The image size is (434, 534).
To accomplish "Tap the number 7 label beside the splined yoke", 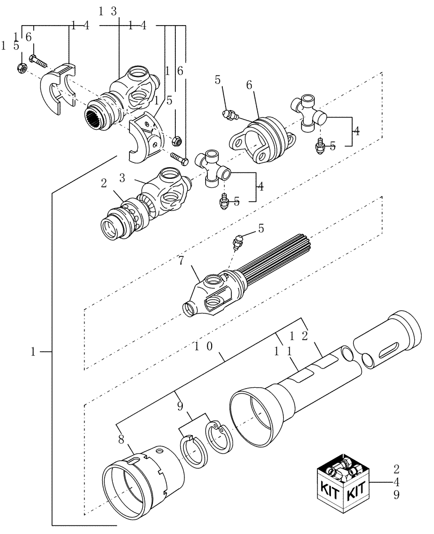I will tap(181, 262).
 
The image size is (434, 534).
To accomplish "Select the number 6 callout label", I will tap(249, 85).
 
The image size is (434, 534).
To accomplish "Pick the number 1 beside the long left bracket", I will tap(33, 351).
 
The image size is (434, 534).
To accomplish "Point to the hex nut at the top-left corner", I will tap(23, 68).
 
